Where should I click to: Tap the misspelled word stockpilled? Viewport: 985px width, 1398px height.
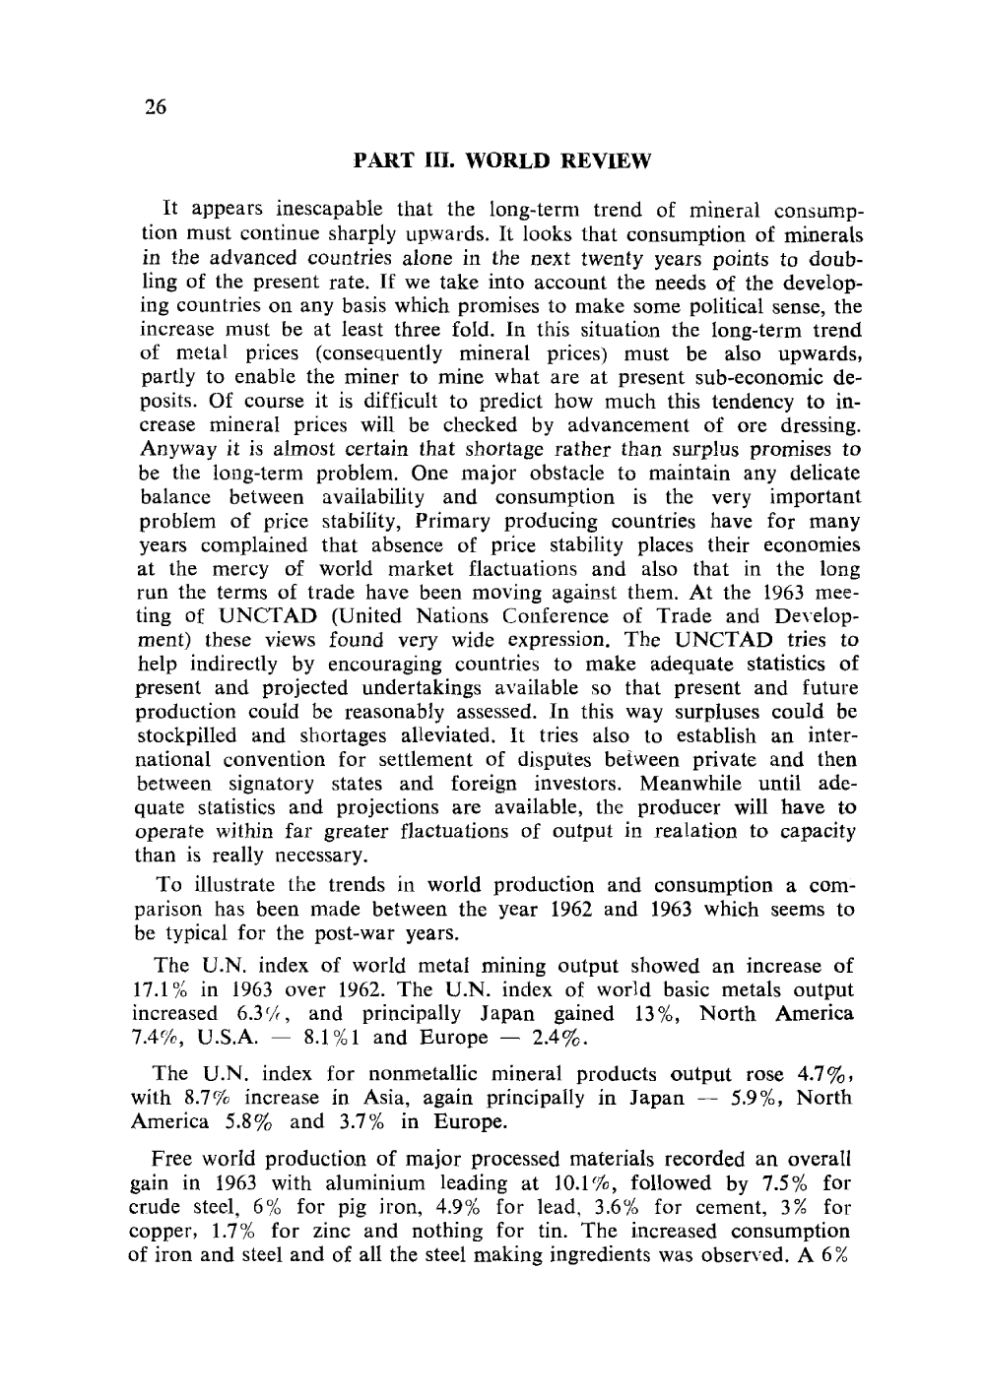tap(182, 736)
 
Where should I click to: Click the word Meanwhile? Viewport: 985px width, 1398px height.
tap(697, 785)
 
